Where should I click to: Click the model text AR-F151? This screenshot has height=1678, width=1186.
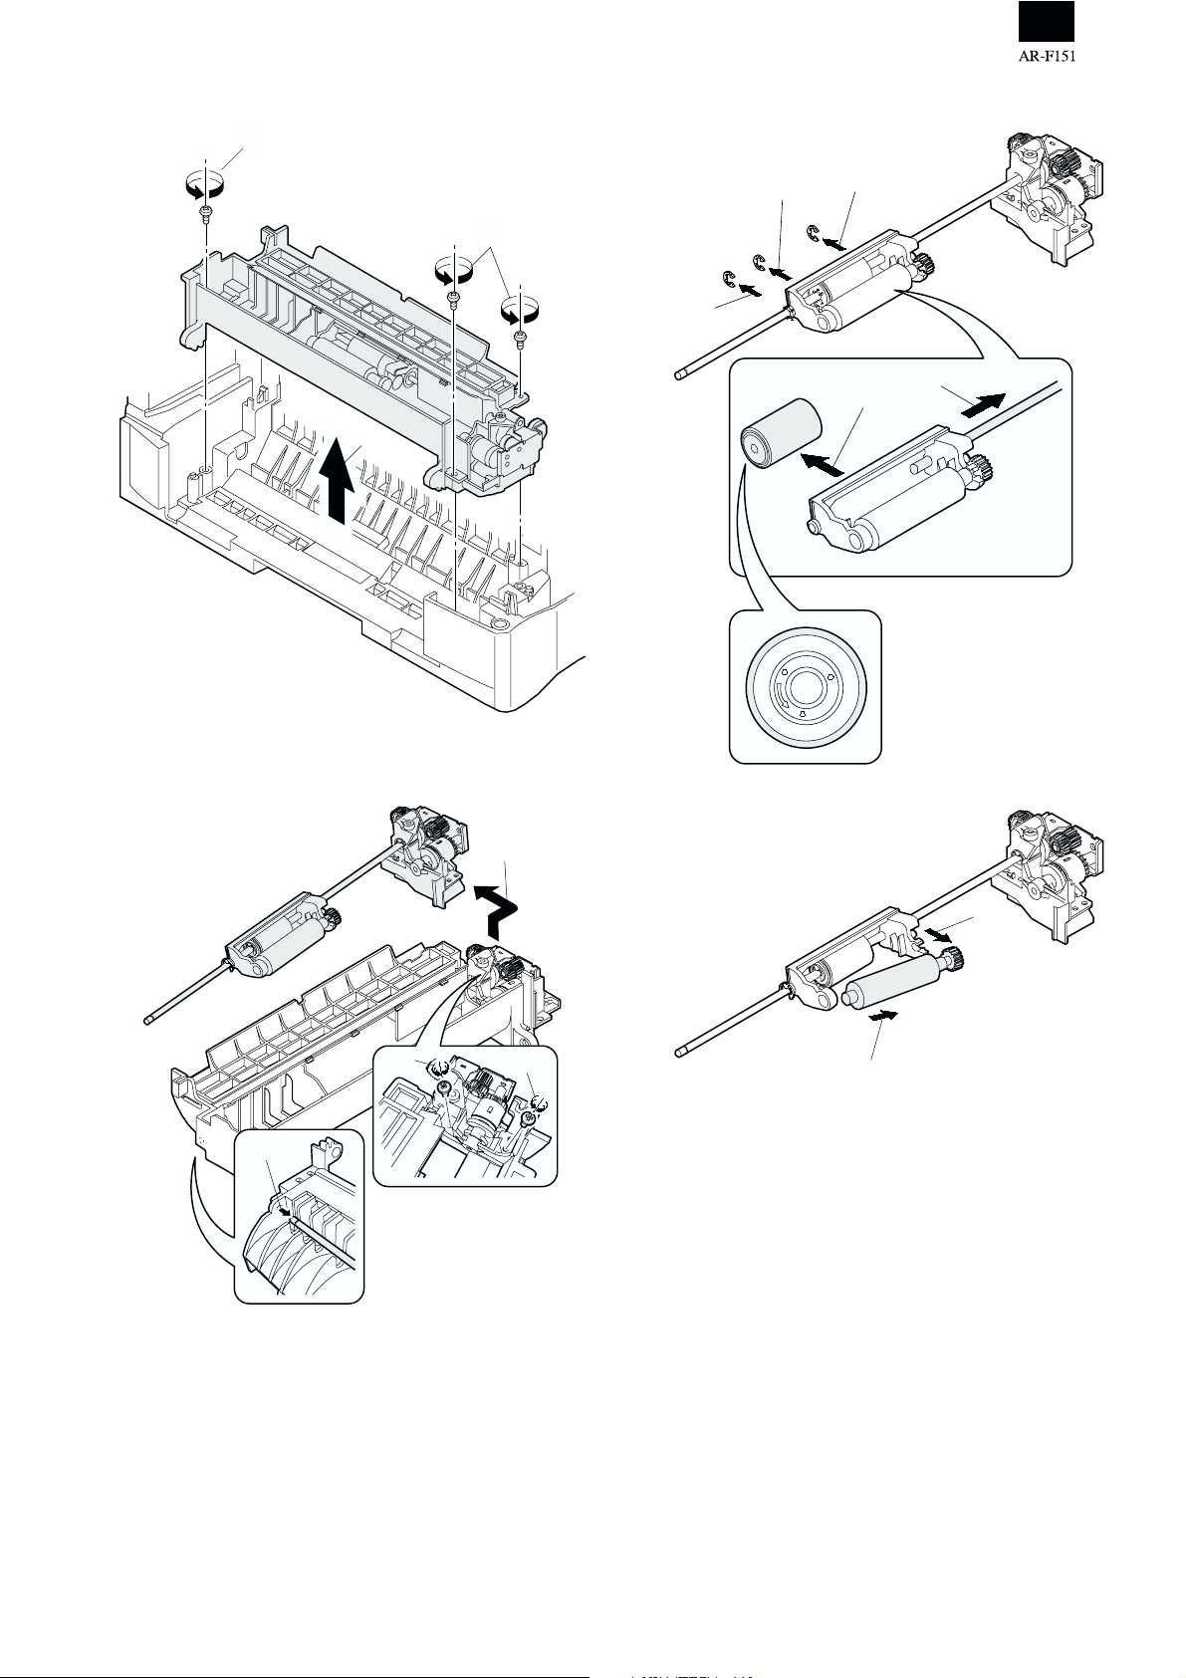[x=1047, y=57]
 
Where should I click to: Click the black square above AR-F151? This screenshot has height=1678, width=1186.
[x=1047, y=22]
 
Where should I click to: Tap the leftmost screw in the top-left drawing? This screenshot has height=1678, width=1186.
[x=204, y=215]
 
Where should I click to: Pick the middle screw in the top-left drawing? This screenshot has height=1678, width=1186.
[x=452, y=301]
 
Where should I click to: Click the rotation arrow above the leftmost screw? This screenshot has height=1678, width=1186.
[x=205, y=184]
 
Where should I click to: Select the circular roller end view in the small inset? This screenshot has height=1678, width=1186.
[x=805, y=686]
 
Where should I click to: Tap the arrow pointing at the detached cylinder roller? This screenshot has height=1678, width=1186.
[x=822, y=464]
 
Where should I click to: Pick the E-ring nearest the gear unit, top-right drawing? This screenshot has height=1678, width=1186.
[x=813, y=233]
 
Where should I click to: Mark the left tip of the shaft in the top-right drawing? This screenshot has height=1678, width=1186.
[x=678, y=373]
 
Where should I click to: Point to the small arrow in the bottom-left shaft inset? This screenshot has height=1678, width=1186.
[x=284, y=1208]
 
